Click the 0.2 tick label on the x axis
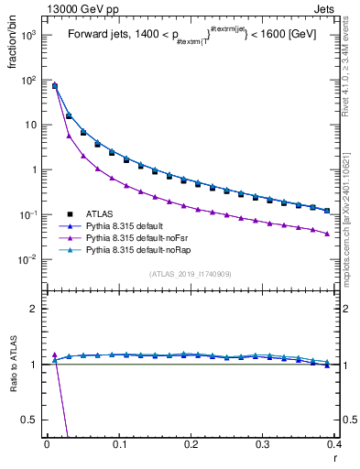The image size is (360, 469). tap(191, 445)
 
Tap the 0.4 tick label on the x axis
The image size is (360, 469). tap(333, 445)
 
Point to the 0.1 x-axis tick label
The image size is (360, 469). tap(118, 445)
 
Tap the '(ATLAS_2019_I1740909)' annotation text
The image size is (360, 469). tap(190, 274)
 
